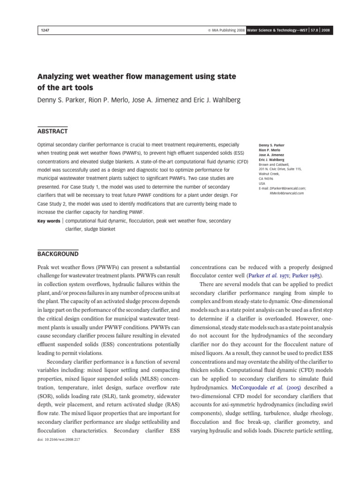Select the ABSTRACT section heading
pos(52,131)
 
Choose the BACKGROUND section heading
pos(58,254)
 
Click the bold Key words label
pos(48,220)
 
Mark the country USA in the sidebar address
pos(263,183)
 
